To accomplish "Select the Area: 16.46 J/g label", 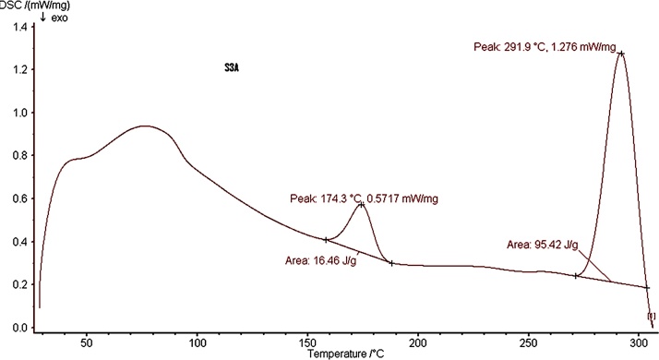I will (321, 260).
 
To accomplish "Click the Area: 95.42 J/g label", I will (543, 245).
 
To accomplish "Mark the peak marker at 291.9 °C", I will (621, 54).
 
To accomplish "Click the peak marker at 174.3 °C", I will (361, 205).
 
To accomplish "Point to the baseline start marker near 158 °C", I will (326, 240).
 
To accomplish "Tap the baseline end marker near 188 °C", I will (391, 263).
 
